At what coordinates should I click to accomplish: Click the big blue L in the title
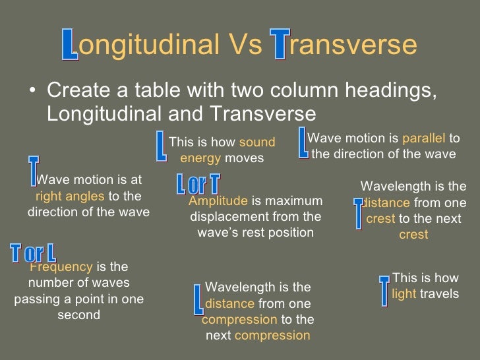70,45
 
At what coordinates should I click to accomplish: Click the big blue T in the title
280,45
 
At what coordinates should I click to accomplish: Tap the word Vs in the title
245,45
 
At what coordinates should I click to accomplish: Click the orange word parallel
424,138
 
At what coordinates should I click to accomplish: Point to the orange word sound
256,142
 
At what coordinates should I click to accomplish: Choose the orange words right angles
70,196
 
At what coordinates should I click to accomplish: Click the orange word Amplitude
218,201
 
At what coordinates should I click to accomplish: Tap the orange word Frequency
61,267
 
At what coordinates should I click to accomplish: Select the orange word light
404,294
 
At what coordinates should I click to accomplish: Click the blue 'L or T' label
198,185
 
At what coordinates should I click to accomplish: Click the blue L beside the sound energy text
161,146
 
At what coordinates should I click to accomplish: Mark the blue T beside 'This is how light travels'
384,290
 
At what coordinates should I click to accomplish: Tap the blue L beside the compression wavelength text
198,299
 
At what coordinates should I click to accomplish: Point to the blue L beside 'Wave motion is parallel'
303,143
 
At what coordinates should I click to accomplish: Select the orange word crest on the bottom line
413,235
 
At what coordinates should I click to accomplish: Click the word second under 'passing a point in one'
78,315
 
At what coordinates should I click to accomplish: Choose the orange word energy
201,158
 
